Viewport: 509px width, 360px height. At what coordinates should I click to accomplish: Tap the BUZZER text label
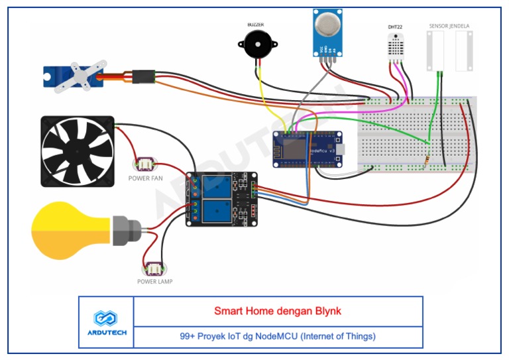click(255, 25)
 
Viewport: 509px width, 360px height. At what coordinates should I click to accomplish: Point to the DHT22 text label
click(395, 27)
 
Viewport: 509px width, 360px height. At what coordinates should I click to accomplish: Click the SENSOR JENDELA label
click(449, 26)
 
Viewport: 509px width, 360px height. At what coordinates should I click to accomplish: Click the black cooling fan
click(77, 151)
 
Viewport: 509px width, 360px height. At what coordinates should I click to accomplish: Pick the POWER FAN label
click(145, 178)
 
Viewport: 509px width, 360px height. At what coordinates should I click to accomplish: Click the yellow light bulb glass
click(70, 232)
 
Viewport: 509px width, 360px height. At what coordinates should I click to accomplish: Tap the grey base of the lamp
click(125, 231)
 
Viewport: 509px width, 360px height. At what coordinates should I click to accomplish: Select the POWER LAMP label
click(155, 281)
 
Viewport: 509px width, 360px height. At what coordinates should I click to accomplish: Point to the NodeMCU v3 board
click(311, 149)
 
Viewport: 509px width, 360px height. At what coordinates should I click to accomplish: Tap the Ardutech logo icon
click(106, 316)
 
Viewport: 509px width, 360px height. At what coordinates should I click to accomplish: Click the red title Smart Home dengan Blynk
click(278, 310)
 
